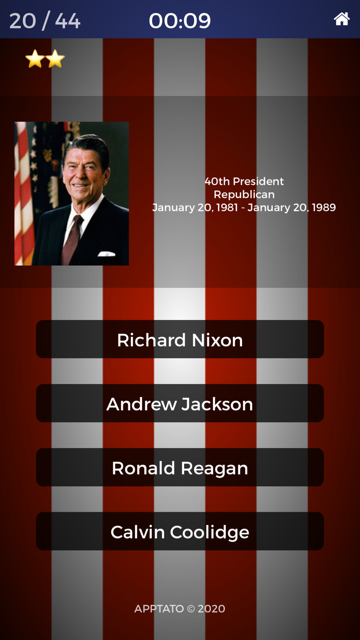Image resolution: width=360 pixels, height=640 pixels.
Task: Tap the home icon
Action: coord(342,19)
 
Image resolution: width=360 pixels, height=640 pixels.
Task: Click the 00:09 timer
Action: coord(180,21)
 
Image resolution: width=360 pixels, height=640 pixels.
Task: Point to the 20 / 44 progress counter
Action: coord(45,21)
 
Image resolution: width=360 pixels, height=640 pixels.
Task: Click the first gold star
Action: coord(35,59)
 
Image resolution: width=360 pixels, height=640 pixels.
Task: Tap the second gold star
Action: coord(55,59)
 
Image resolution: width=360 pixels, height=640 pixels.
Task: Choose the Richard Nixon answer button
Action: coord(180,339)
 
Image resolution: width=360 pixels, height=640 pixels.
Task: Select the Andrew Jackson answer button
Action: coord(180,403)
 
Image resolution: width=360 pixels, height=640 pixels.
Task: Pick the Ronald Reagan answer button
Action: coord(180,467)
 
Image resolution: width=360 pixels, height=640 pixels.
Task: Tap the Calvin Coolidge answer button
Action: coord(180,531)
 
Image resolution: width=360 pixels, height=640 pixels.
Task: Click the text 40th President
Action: coord(244,181)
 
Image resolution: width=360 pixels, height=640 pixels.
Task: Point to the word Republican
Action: coord(244,194)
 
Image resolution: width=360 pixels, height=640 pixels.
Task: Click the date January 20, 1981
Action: coord(195,207)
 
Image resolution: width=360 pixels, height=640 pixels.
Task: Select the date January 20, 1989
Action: coord(292,207)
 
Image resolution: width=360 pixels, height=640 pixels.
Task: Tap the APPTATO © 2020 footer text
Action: coord(180,609)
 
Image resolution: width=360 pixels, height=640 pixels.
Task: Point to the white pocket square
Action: coord(107,254)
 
